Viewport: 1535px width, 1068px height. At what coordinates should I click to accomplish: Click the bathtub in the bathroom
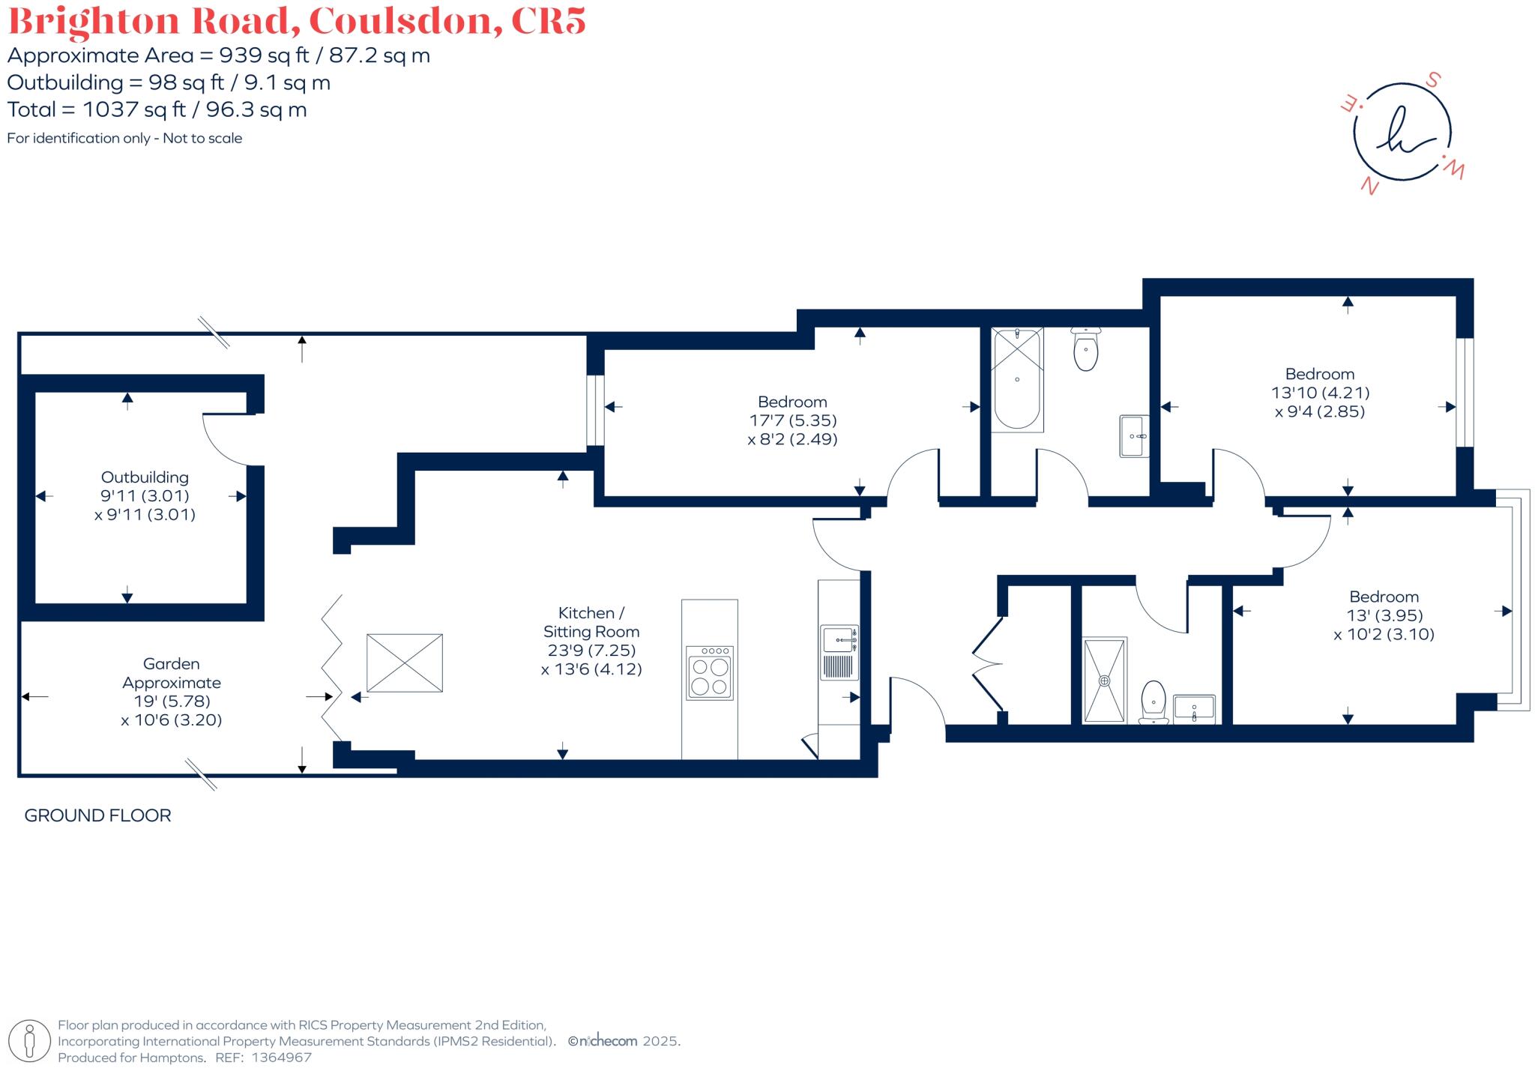click(1017, 379)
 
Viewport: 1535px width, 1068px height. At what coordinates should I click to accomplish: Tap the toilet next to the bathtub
click(1085, 351)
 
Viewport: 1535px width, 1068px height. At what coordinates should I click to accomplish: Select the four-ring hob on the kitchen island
click(709, 673)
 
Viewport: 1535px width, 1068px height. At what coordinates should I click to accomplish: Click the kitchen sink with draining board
click(839, 652)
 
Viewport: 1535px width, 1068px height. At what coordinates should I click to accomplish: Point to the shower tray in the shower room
click(1104, 681)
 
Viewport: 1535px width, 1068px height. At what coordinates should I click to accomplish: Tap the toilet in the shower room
click(1153, 702)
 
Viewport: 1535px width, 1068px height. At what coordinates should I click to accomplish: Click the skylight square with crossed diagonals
click(404, 663)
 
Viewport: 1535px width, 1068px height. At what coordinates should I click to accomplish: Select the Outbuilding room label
click(145, 477)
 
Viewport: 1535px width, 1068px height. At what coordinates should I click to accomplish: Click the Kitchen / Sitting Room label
click(591, 622)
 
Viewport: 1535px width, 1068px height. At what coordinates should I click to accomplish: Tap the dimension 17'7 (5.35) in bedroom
click(793, 420)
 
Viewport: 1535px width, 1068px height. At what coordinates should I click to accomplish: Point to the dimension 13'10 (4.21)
click(1320, 392)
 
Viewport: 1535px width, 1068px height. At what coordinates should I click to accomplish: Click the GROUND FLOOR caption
click(97, 815)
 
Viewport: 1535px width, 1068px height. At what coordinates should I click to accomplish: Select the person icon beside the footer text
click(29, 1041)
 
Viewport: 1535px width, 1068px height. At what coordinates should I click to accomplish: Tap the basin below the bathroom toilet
click(1134, 435)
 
